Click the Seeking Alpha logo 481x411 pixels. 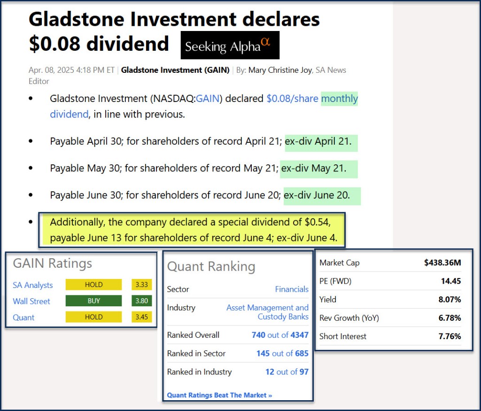tap(230, 45)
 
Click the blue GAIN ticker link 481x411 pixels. tap(207, 99)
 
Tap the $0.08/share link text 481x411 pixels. tap(292, 99)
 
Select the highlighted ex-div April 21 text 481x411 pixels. tap(318, 141)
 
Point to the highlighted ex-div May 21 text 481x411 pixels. tap(313, 168)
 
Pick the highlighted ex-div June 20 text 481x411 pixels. tap(317, 195)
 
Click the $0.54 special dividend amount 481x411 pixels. tap(317, 222)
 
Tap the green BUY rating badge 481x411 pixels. tap(93, 301)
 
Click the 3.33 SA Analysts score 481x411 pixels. tap(142, 285)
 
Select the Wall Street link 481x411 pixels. tap(31, 301)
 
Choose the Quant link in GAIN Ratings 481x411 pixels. tap(23, 318)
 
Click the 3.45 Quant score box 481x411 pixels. tap(142, 317)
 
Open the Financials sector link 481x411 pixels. tap(292, 289)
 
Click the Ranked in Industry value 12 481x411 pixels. tap(270, 372)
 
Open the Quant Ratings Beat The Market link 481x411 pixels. tap(219, 395)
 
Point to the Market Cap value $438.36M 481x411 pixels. tap(442, 263)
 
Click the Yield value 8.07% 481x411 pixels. tap(450, 299)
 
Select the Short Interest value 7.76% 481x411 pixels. tap(450, 336)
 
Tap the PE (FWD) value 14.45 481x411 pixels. tap(451, 281)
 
